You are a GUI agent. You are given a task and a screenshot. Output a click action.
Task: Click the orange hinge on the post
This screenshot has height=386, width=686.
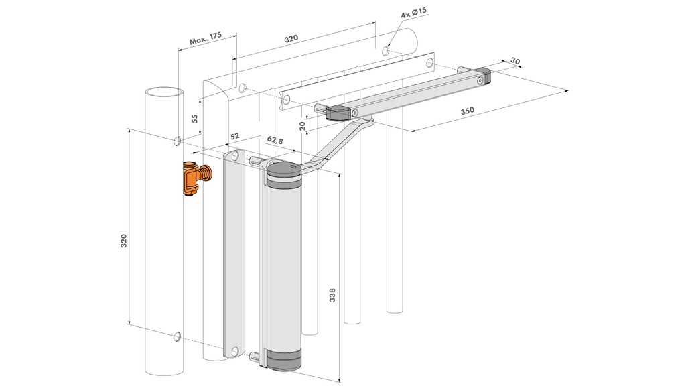click(x=194, y=179)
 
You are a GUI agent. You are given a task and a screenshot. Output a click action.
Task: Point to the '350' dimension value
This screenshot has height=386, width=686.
click(x=468, y=111)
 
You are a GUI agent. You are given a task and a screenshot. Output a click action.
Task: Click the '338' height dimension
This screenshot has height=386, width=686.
click(x=333, y=295)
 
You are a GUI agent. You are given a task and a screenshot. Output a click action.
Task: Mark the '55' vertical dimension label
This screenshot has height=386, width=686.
click(x=194, y=119)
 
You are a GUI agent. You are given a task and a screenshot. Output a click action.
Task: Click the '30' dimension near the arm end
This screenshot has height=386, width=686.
click(x=514, y=61)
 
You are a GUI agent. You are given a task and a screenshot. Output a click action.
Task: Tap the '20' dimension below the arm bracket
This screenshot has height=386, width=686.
click(x=302, y=125)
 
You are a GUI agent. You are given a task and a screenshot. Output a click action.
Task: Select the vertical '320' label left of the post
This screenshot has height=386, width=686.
click(x=123, y=241)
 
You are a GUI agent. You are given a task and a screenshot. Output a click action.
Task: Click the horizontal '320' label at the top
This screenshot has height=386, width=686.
click(x=290, y=39)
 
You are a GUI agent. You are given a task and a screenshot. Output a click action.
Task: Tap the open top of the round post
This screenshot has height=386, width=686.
click(x=163, y=92)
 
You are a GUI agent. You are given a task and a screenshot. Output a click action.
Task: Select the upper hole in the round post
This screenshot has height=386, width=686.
click(x=177, y=140)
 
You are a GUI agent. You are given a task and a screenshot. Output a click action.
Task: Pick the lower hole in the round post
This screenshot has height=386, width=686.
click(x=177, y=335)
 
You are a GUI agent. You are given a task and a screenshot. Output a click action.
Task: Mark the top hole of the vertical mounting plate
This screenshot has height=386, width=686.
click(x=234, y=156)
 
